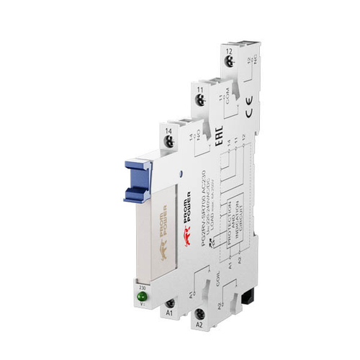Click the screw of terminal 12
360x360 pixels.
coord(228,64)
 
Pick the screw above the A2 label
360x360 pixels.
coord(199,315)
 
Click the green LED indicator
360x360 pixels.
coord(141,295)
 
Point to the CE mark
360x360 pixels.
coord(248,111)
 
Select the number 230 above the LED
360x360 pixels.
coord(141,284)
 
